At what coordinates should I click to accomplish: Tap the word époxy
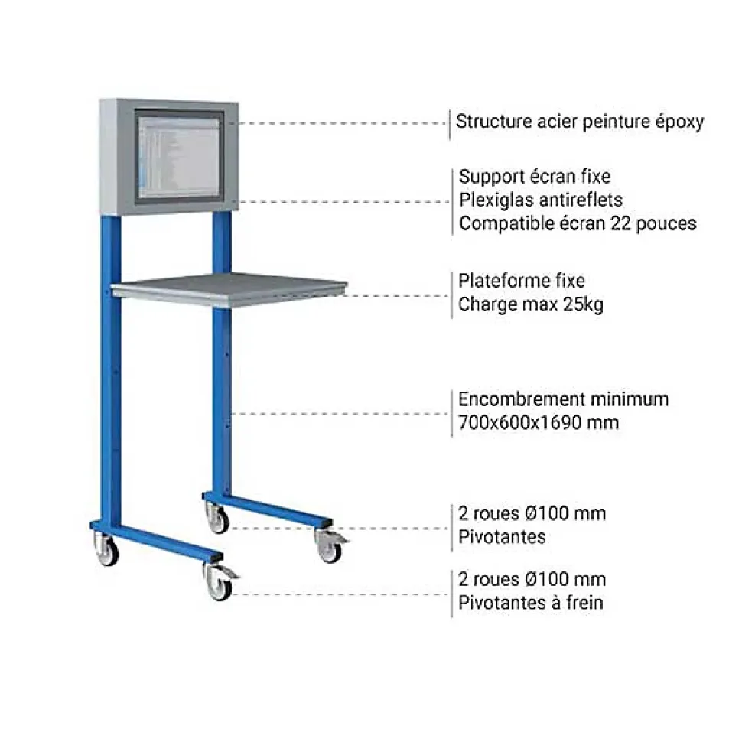(x=679, y=122)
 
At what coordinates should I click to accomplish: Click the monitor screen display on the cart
(x=179, y=157)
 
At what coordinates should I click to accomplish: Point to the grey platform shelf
(x=229, y=289)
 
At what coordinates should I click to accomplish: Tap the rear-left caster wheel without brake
(x=106, y=549)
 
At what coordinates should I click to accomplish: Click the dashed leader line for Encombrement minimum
(x=340, y=414)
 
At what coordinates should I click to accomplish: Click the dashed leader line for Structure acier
(x=343, y=123)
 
